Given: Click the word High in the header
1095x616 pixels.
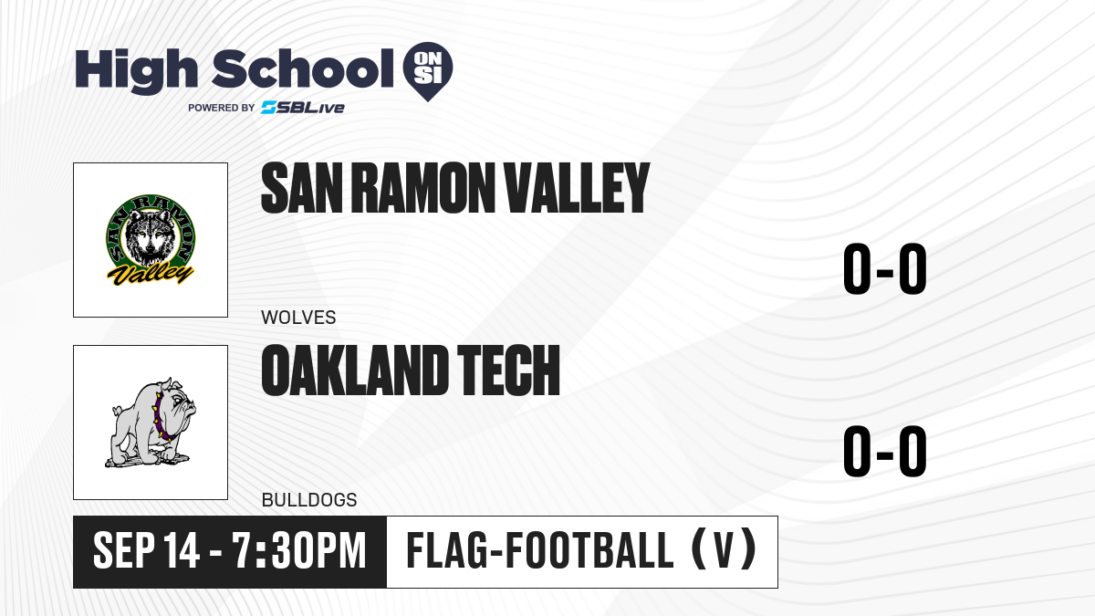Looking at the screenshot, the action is point(136,71).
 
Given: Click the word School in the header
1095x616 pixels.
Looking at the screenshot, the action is point(303,68).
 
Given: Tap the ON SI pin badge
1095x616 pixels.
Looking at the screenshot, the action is point(428,71).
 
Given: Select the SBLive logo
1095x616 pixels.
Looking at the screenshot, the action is point(303,108).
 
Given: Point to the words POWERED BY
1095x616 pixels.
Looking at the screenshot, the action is point(222,108).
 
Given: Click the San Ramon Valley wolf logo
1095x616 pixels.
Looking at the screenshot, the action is point(151,240).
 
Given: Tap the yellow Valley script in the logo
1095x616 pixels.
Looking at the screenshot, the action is point(151,273).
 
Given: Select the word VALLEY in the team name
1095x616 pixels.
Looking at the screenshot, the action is point(577,188).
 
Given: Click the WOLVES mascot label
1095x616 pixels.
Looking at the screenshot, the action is point(298,318).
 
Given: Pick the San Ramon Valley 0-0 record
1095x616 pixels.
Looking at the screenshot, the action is point(885,269).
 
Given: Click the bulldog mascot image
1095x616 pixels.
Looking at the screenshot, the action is point(151,423).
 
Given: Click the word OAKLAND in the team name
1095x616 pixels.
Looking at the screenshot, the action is point(355,371).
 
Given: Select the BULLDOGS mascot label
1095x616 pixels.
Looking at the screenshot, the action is point(309,500).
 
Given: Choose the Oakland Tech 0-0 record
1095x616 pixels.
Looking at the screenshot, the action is point(885,451).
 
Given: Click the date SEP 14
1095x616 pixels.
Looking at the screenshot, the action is point(146,551).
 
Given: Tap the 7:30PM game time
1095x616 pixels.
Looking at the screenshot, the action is point(299,551).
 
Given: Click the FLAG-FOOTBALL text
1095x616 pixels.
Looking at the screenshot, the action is point(540,551).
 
